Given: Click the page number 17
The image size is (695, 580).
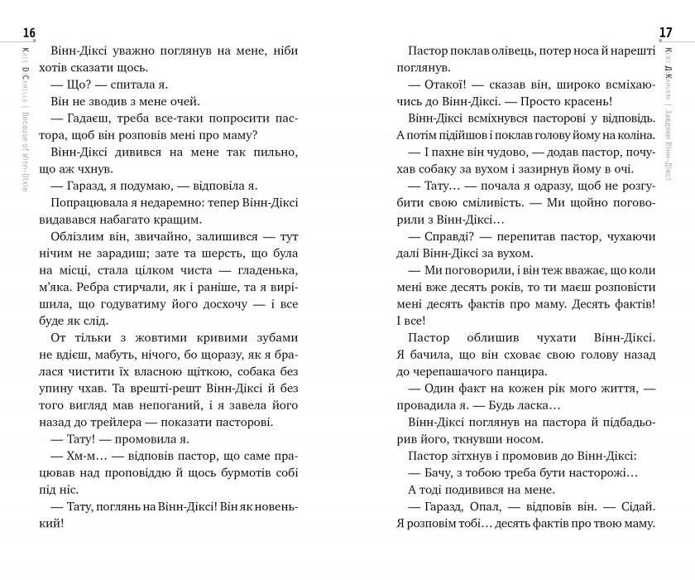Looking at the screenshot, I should click(665, 33).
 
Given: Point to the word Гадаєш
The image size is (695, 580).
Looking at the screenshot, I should click(90, 118).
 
